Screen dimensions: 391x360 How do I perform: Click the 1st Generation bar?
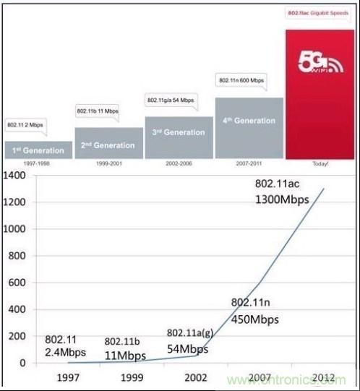coord(38,150)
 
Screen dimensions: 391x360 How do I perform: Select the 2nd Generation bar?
coord(109,144)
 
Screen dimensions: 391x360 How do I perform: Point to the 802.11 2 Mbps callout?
coord(27,124)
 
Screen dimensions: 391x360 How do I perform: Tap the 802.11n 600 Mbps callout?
coord(241,80)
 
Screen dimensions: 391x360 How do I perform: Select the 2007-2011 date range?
coord(249,164)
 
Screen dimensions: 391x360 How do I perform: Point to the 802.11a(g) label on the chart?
coord(190,332)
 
